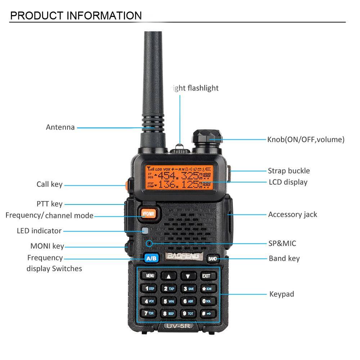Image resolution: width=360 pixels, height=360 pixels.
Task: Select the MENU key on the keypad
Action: (149, 276)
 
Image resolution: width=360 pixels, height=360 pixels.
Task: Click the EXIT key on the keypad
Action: (206, 276)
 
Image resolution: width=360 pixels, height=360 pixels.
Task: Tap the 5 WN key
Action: (168, 301)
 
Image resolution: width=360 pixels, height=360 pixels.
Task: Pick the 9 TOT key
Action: (188, 314)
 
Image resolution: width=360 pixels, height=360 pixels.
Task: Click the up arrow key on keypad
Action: (168, 276)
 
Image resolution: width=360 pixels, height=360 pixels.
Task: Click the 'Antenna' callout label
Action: (60, 127)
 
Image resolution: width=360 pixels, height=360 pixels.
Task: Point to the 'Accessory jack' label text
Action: (292, 215)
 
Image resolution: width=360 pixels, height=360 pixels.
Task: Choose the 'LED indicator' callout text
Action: (39, 231)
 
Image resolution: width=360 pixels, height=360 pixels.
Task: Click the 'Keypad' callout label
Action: (282, 294)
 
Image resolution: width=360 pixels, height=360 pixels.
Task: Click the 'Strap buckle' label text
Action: (288, 171)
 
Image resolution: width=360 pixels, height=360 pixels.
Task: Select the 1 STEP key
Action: (149, 288)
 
